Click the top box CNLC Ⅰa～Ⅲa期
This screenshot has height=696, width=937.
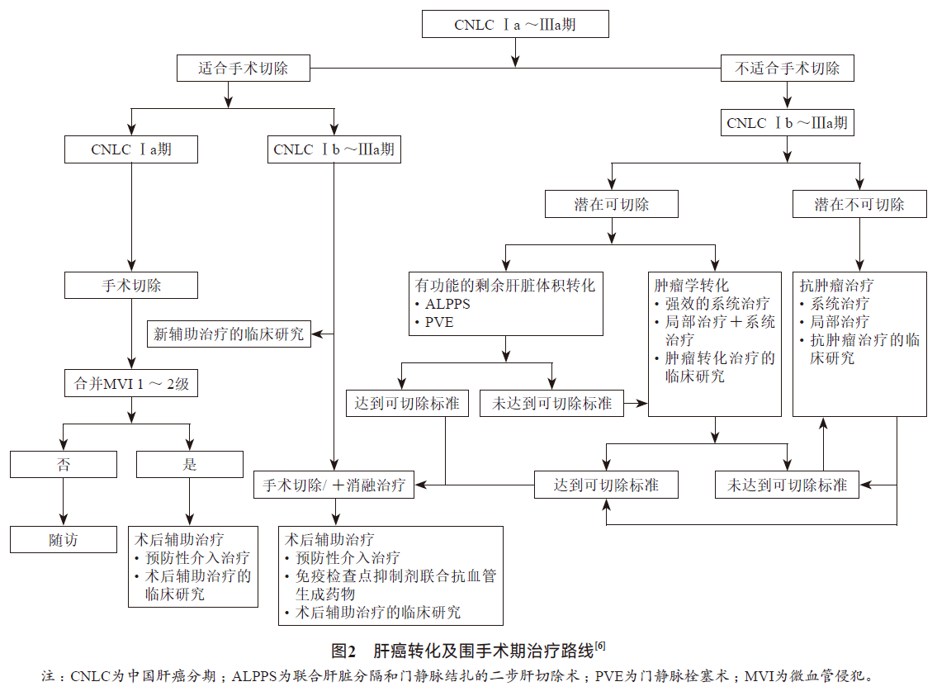(x=515, y=25)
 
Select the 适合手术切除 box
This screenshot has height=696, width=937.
(x=243, y=69)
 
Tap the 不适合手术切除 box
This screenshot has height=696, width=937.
(x=787, y=69)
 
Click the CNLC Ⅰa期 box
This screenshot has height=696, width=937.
(x=131, y=149)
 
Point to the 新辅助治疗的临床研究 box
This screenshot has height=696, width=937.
(x=230, y=334)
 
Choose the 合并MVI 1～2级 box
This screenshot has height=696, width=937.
(x=131, y=383)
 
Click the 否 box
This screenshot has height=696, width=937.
(x=64, y=464)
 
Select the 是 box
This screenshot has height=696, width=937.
(x=190, y=464)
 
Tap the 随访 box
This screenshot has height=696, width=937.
(x=64, y=539)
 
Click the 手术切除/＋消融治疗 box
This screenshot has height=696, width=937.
(x=334, y=485)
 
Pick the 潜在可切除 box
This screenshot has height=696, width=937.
(x=612, y=204)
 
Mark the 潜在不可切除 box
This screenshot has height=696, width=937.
(x=859, y=204)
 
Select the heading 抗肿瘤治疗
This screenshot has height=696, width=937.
(x=836, y=286)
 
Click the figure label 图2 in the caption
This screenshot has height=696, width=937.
(x=343, y=650)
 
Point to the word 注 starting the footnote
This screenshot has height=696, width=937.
(x=49, y=676)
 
